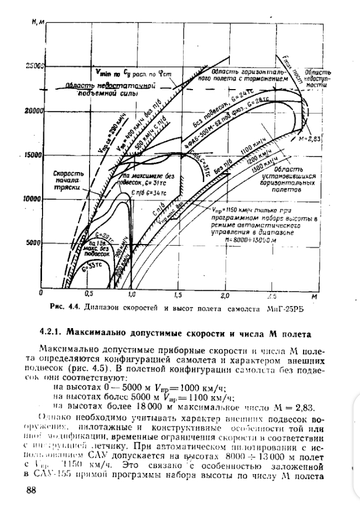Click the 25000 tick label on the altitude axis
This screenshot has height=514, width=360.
[x=34, y=66]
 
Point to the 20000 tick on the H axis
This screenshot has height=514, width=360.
[x=34, y=111]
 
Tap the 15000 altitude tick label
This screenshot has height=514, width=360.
[x=34, y=155]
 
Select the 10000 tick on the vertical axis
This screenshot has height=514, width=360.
[x=34, y=199]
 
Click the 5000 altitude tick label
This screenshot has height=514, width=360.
[x=35, y=242]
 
